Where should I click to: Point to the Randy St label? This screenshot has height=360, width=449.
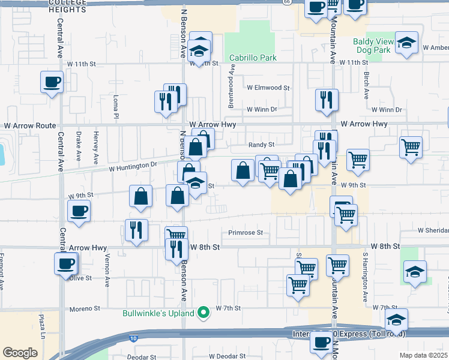262,145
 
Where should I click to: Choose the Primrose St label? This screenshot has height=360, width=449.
246,233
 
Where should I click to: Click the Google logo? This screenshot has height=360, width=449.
19,353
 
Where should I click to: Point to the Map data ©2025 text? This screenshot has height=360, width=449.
423,355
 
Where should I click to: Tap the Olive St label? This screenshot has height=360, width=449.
80,278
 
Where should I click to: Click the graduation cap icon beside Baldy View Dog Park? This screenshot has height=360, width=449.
407,42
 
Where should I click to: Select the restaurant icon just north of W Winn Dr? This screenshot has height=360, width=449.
327,100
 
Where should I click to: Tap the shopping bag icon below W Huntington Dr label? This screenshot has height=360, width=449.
140,196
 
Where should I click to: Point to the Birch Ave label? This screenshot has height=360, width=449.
366,83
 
